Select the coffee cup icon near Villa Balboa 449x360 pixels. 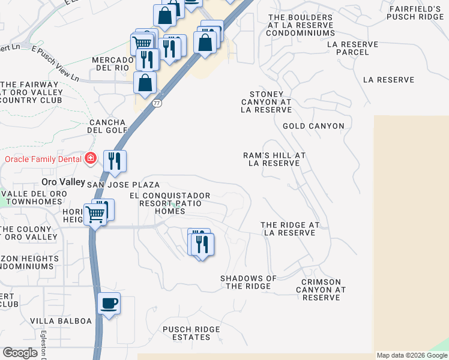click(x=109, y=304)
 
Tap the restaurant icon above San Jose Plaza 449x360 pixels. click(x=114, y=161)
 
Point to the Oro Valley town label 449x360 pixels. click(x=63, y=181)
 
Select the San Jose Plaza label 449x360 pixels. click(x=124, y=185)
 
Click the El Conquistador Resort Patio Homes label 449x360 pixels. click(x=170, y=203)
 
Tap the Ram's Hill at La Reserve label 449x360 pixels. click(x=274, y=159)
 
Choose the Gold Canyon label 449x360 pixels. click(x=313, y=126)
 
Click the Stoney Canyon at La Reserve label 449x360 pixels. click(x=266, y=102)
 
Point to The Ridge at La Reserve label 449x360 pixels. click(x=290, y=229)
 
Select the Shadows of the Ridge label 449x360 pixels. click(x=248, y=282)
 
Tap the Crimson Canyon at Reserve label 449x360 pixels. click(x=321, y=289)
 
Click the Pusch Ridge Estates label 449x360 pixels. click(x=191, y=333)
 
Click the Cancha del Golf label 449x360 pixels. click(x=107, y=126)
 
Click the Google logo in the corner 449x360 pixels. click(x=20, y=353)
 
